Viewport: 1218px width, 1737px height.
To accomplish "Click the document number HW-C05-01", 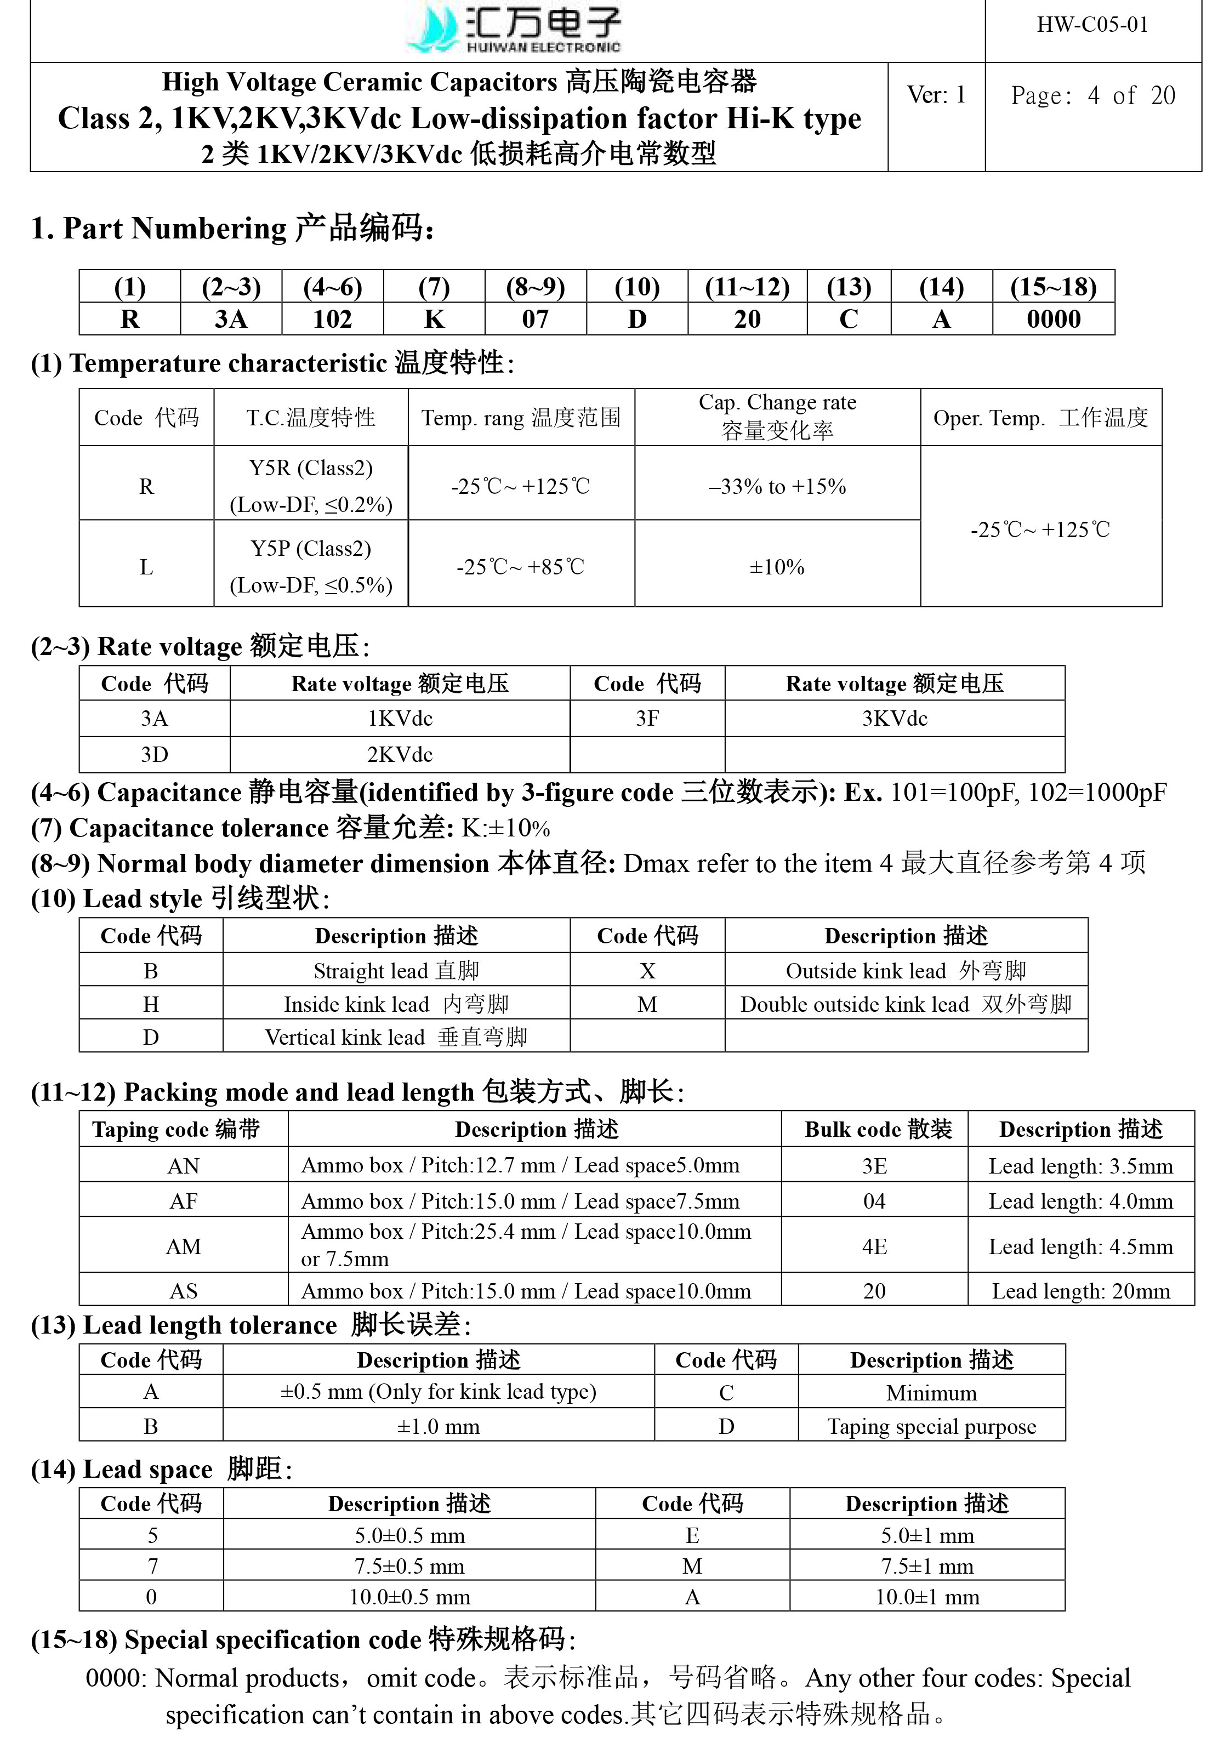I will tap(1092, 25).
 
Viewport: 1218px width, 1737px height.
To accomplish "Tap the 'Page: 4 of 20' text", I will tap(1092, 96).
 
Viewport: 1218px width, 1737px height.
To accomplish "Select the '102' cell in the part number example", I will tap(332, 319).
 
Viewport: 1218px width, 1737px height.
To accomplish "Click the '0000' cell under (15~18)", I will tap(1053, 319).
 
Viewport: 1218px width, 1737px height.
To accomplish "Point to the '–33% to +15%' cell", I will tap(777, 486).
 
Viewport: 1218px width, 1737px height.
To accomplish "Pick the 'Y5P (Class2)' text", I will tap(311, 549).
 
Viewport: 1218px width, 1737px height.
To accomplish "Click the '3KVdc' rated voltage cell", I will tap(894, 719).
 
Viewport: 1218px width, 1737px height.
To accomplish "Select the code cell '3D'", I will tap(155, 754).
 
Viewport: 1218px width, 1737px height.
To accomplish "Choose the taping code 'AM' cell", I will tap(183, 1246).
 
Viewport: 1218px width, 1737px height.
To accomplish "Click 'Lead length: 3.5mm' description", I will tap(1080, 1166).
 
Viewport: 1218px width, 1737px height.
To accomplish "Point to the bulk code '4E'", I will tap(874, 1246).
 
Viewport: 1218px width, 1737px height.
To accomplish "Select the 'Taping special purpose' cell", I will tap(931, 1426).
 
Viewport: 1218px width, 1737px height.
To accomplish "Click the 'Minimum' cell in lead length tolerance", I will tap(931, 1393).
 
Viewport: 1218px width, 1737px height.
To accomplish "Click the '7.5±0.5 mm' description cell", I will tap(409, 1566).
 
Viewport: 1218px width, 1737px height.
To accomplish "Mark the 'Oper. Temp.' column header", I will tap(1040, 418).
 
